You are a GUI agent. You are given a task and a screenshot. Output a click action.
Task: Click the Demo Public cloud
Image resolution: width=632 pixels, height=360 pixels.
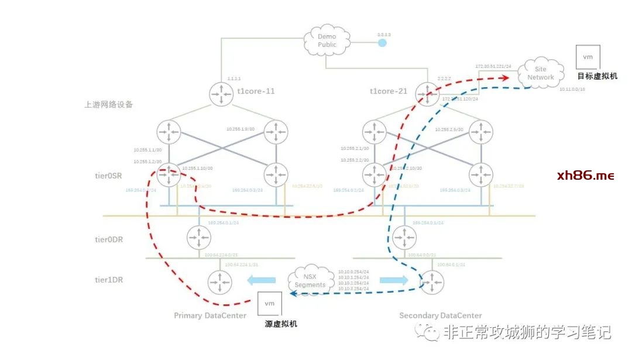pos(327,40)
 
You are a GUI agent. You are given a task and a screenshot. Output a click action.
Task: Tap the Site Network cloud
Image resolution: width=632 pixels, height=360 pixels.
pos(540,73)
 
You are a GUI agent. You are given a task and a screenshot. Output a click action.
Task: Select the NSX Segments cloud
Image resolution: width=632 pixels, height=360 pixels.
pos(310,280)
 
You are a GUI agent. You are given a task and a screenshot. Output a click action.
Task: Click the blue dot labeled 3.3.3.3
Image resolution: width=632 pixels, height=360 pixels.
pos(382,43)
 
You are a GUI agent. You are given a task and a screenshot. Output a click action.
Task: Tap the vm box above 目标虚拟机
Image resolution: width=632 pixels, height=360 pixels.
pos(589,57)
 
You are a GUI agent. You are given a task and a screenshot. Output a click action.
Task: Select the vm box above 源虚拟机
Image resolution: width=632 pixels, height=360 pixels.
pos(270,304)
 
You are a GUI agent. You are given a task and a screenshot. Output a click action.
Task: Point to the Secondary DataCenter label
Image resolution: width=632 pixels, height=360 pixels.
pos(441,316)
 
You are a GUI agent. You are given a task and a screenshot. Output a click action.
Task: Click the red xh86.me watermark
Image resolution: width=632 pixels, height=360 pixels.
pos(585,175)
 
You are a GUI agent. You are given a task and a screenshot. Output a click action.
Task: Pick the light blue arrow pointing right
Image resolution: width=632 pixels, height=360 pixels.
pos(393,280)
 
